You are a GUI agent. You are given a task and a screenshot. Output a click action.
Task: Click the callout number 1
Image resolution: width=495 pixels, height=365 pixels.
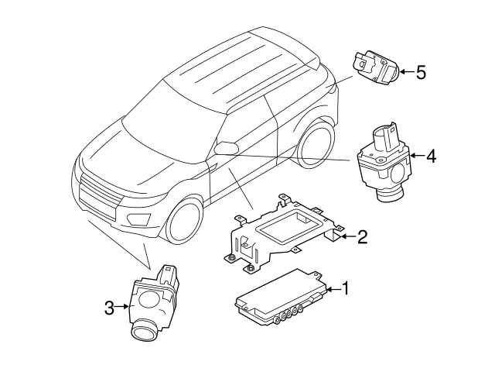tap(346, 289)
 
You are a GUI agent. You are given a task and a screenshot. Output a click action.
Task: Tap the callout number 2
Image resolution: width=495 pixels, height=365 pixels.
tap(362, 237)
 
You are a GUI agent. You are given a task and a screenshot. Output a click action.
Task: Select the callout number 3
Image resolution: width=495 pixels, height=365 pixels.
tap(110, 308)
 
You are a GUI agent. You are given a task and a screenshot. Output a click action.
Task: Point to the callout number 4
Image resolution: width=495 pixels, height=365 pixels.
tap(431, 157)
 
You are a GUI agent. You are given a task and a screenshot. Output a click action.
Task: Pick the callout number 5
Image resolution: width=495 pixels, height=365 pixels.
tap(421, 73)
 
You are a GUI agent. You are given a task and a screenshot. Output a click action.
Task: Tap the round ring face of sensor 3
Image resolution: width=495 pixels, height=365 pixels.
tap(144, 331)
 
